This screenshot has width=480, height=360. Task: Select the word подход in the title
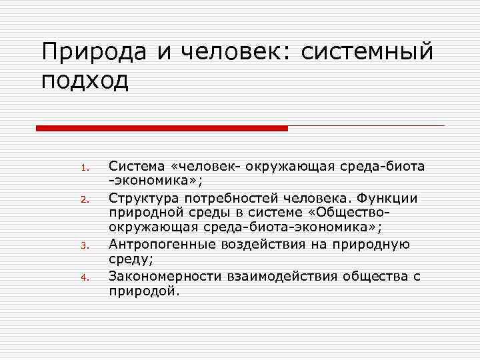pyautogui.click(x=83, y=81)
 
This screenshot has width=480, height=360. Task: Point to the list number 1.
pyautogui.click(x=85, y=167)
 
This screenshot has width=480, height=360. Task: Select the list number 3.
pyautogui.click(x=85, y=245)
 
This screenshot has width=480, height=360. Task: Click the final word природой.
pyautogui.click(x=145, y=291)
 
